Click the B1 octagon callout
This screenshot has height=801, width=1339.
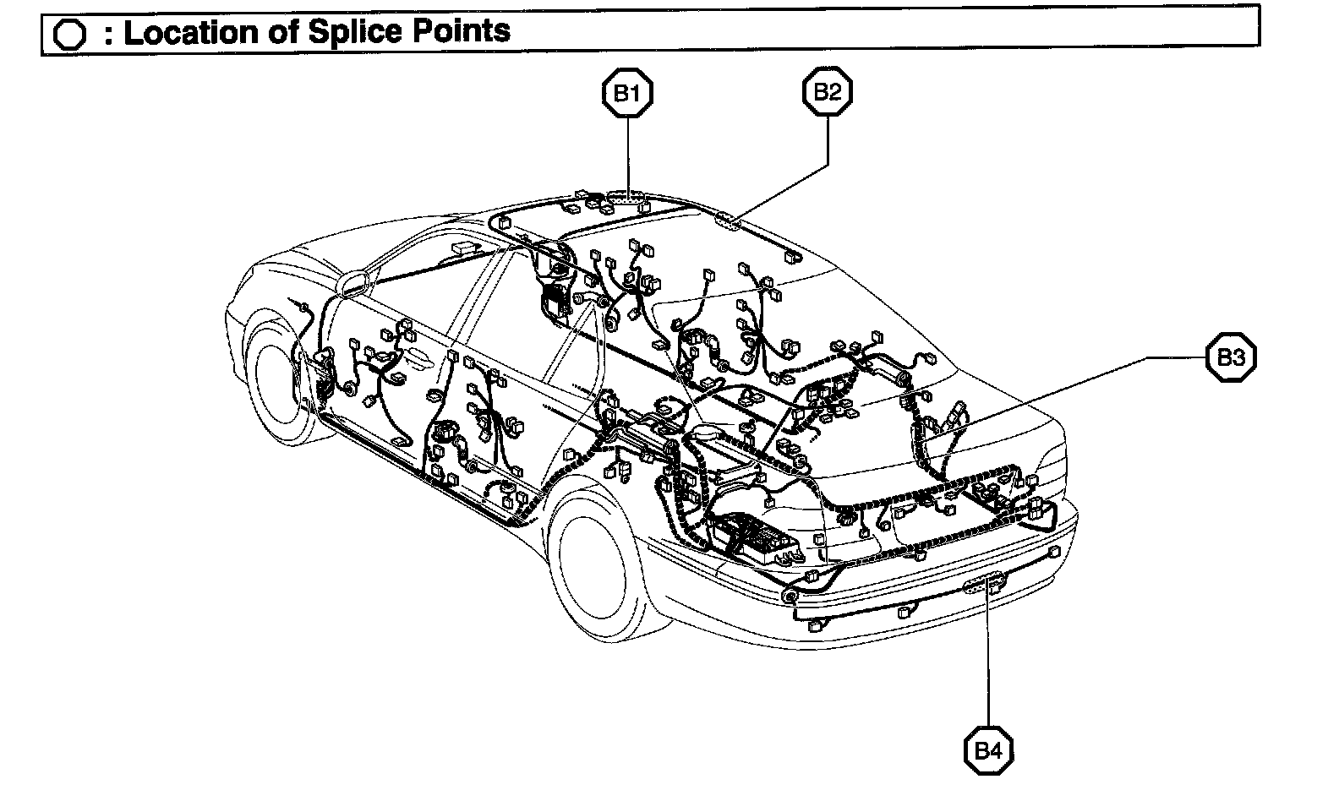(x=626, y=93)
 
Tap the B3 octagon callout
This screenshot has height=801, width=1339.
(x=1230, y=358)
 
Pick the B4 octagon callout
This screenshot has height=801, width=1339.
(x=988, y=749)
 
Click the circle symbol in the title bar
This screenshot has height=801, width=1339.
(x=68, y=34)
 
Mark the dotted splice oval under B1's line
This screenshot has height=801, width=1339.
(x=627, y=200)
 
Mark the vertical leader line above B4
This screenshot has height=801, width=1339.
(x=988, y=659)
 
